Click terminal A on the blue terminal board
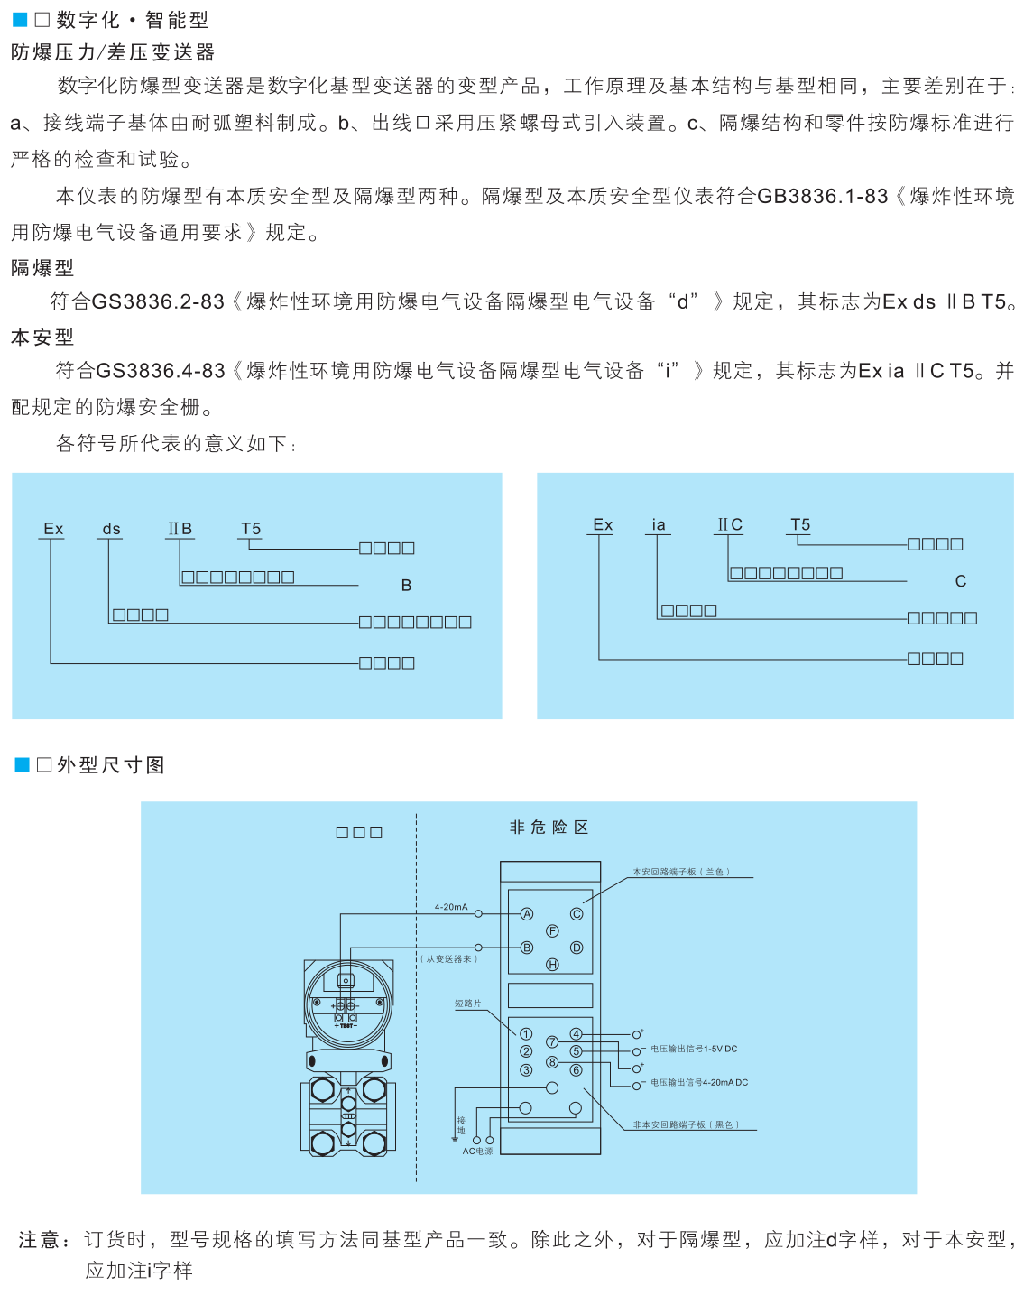[528, 914]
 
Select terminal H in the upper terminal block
[553, 965]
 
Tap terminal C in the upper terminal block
[577, 914]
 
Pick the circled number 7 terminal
[552, 1042]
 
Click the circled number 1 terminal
[526, 1034]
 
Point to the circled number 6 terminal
[576, 1070]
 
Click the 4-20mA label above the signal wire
[451, 907]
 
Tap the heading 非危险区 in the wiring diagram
[549, 828]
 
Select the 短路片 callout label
[467, 1004]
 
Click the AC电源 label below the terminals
[478, 1152]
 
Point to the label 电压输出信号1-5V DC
[694, 1050]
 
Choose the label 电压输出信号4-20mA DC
[699, 1083]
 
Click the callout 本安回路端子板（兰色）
[681, 873]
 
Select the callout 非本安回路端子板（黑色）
[686, 1125]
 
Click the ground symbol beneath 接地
[455, 1140]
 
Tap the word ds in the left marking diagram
[111, 530]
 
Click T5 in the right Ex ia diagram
[800, 525]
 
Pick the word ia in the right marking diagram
[659, 525]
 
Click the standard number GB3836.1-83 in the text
[822, 196]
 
